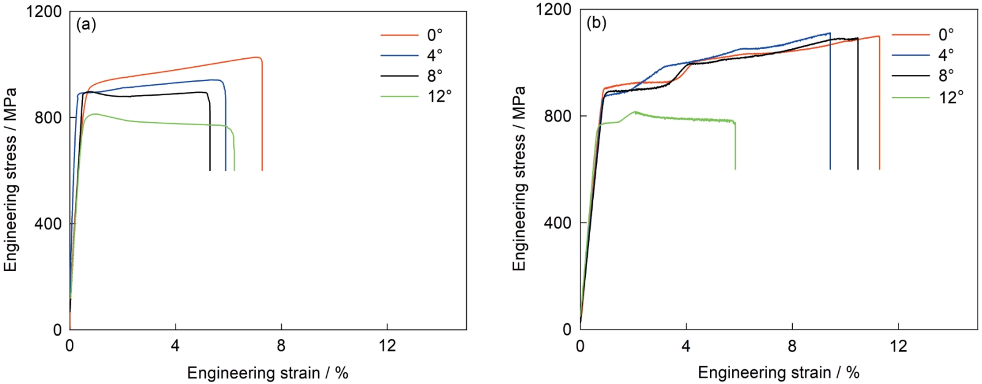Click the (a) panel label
pyautogui.click(x=86, y=25)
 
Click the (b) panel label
pyautogui.click(x=596, y=23)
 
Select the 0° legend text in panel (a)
pyautogui.click(x=435, y=35)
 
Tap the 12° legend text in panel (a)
pyautogui.click(x=439, y=96)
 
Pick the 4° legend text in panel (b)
pyautogui.click(x=946, y=55)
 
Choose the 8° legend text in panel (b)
pyautogui.click(x=946, y=75)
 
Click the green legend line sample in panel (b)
pyautogui.click(x=910, y=96)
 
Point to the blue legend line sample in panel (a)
pyautogui.click(x=399, y=55)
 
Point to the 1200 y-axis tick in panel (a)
pyautogui.click(x=44, y=12)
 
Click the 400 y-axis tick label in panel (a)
pyautogui.click(x=49, y=224)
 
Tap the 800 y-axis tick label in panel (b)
pyautogui.click(x=558, y=117)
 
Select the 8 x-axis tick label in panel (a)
pyautogui.click(x=281, y=346)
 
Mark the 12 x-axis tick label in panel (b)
pyautogui.click(x=898, y=346)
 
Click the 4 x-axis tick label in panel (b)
pyautogui.click(x=686, y=346)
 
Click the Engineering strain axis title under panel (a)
pyautogui.click(x=268, y=372)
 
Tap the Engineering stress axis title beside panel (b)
pyautogui.click(x=520, y=178)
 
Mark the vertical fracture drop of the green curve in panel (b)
pyautogui.click(x=735, y=147)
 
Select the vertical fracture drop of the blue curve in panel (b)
pyautogui.click(x=830, y=104)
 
